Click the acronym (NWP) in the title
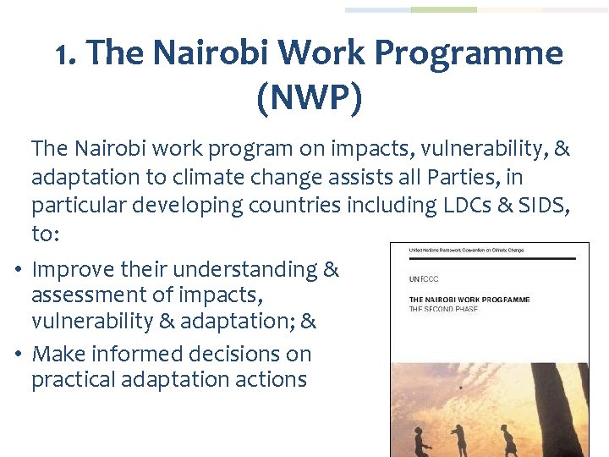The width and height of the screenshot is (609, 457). pos(309,98)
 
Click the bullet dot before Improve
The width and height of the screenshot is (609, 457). pos(18,271)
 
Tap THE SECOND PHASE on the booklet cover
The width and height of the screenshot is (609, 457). pos(443,309)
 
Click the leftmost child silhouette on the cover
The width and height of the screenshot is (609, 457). pos(420,438)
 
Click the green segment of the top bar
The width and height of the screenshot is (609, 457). pos(444,10)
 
